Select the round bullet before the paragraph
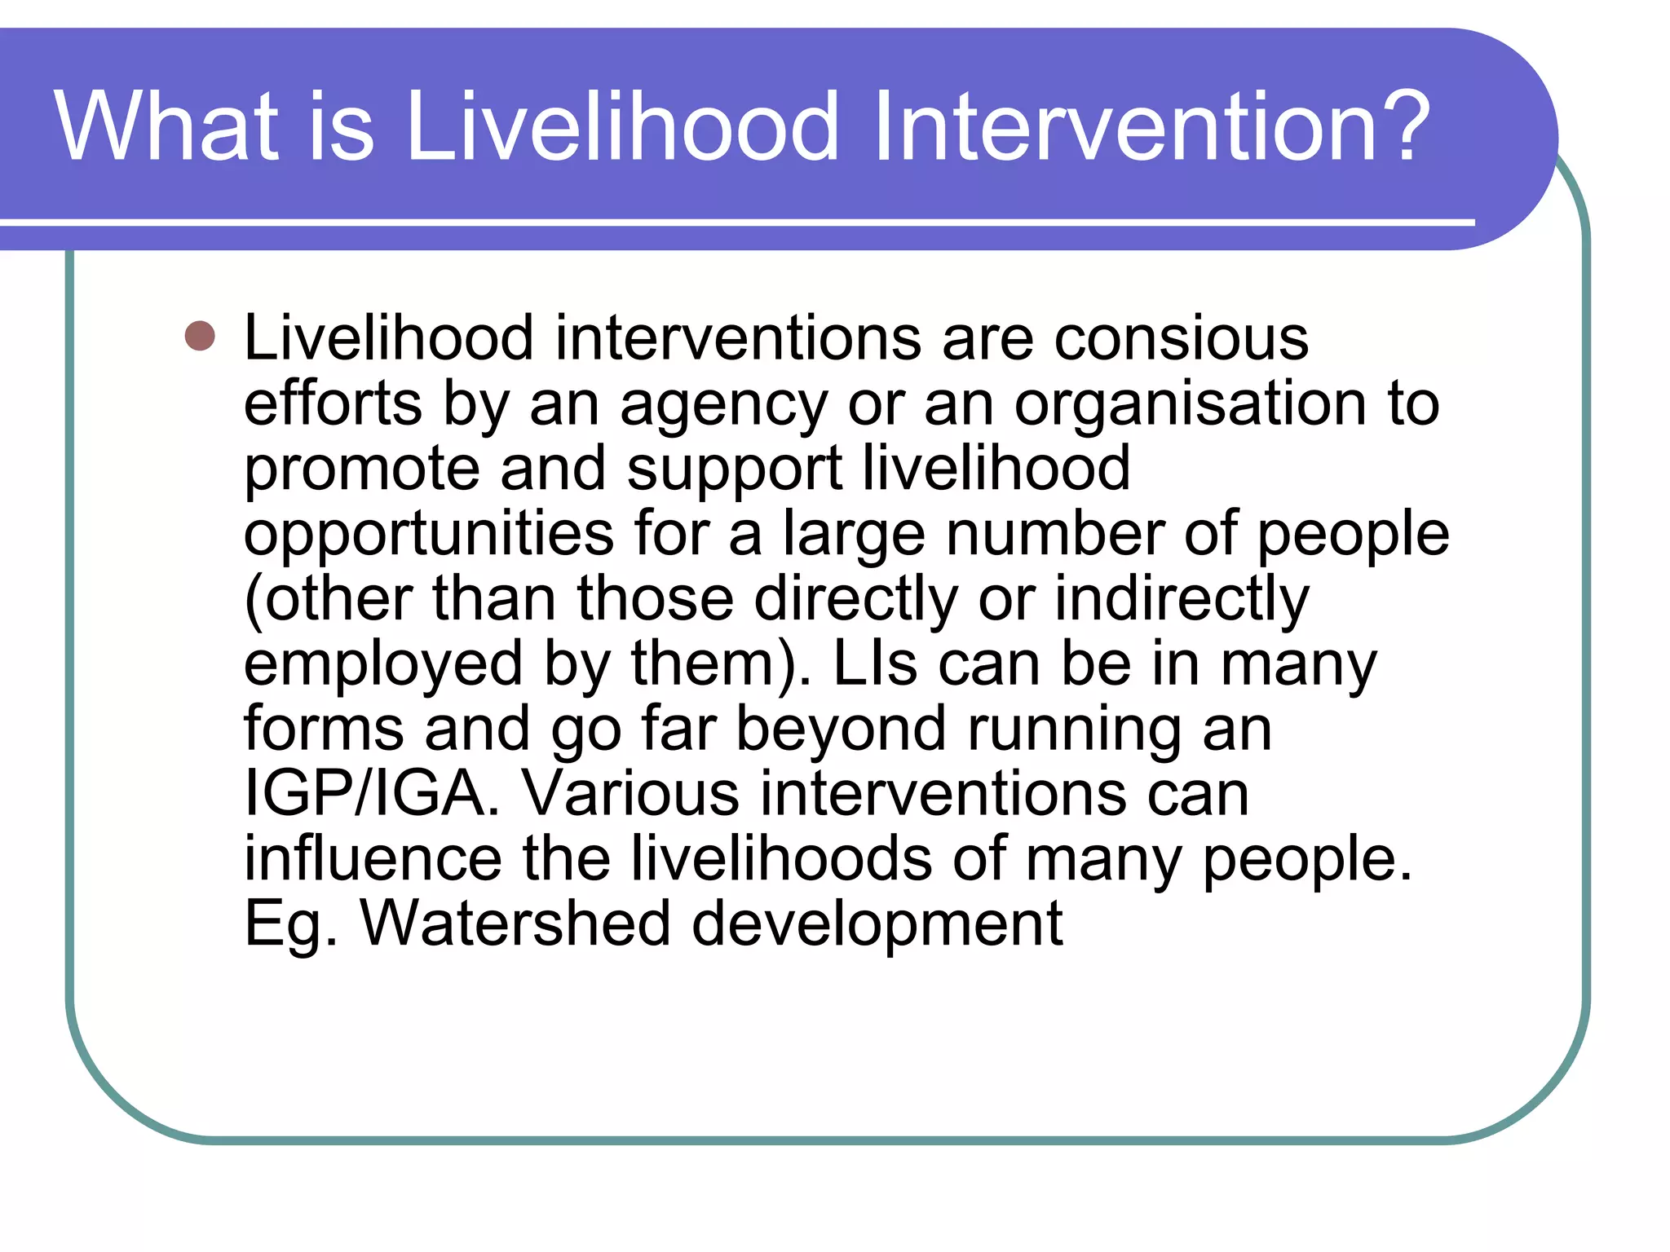[200, 335]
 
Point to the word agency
[723, 405]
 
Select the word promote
[361, 470]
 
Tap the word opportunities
[429, 536]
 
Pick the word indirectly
[1182, 599]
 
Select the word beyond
[841, 730]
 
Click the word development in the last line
[877, 925]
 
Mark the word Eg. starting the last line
[290, 925]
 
